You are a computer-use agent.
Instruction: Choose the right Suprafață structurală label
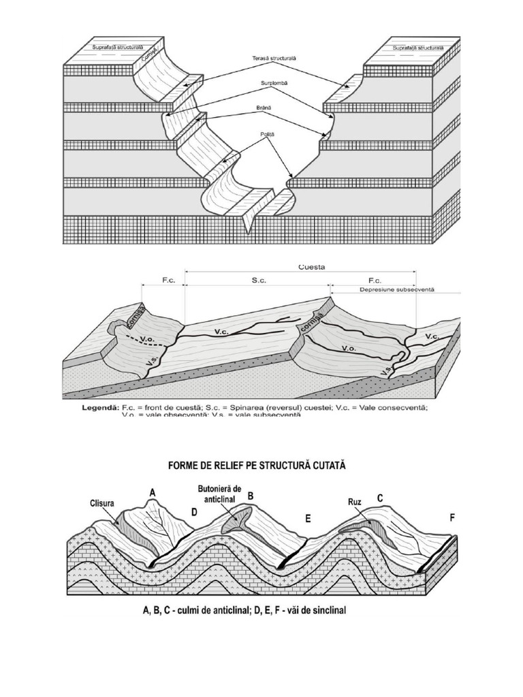[417, 48]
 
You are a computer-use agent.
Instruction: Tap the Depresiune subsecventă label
[396, 289]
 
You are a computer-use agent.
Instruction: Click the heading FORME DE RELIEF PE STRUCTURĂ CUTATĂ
[257, 466]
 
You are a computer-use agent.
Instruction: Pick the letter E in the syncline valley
[308, 519]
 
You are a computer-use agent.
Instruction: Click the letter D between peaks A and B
[193, 512]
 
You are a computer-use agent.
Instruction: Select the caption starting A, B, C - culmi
[244, 611]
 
